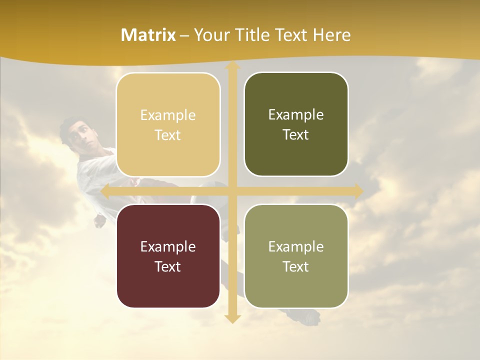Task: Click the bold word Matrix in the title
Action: pos(148,35)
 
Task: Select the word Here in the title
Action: pos(331,35)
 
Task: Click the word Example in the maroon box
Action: pos(168,246)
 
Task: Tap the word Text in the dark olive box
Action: pos(296,135)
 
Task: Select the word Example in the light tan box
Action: pos(168,115)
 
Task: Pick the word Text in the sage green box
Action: pos(296,266)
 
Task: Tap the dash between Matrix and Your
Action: pos(184,35)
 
